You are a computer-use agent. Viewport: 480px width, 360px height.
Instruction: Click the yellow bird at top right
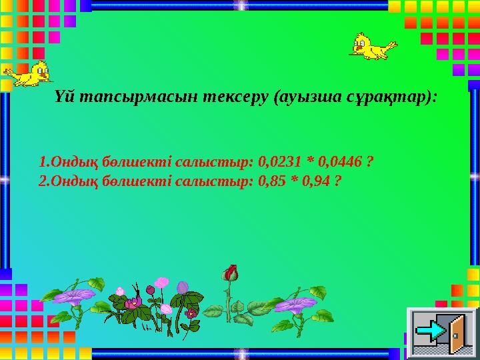click(372, 46)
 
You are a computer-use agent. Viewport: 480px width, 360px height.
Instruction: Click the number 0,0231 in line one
click(280, 161)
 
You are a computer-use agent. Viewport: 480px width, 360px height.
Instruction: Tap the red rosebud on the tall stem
click(231, 273)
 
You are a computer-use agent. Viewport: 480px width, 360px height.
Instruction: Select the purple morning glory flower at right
click(293, 305)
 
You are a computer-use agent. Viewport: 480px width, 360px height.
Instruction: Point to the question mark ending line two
click(339, 180)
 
